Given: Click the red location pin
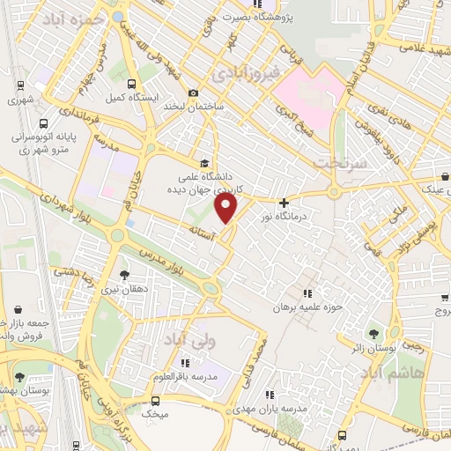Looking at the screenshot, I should point(227,208).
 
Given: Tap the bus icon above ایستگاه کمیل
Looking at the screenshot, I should point(131,85).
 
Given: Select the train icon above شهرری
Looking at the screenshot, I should point(20,86).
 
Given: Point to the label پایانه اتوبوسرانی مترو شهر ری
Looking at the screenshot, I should point(46,142).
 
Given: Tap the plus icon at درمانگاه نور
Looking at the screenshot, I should point(284,202).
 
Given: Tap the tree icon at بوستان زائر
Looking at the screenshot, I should point(376,333).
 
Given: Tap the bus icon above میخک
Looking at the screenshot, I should point(157,397).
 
